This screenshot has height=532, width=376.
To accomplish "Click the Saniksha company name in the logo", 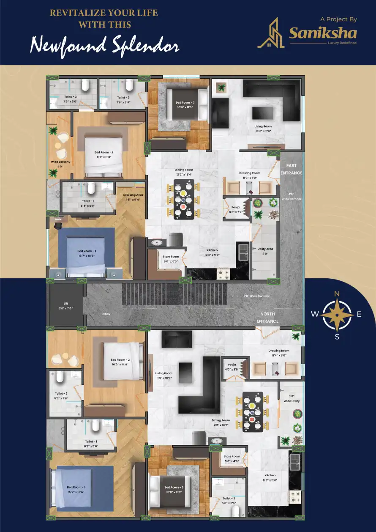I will [x=323, y=33].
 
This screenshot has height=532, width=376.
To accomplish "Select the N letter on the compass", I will [x=337, y=294].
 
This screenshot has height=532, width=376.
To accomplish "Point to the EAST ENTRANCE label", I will [x=292, y=169].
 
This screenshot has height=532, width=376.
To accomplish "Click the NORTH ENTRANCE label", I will [x=268, y=318].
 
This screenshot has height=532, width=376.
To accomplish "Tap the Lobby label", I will [x=106, y=314].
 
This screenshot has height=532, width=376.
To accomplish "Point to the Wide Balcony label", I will [x=60, y=164].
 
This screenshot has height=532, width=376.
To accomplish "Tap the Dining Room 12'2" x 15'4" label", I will [x=185, y=172].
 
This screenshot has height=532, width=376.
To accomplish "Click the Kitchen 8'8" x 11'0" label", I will [x=270, y=477].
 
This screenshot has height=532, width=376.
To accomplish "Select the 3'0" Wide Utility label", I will [x=292, y=398].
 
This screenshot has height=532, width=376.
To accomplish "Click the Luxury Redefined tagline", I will [x=342, y=43].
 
